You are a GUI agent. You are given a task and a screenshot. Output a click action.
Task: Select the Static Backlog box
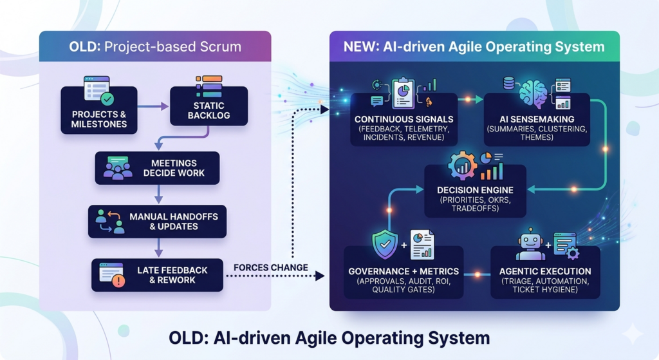coord(209,110)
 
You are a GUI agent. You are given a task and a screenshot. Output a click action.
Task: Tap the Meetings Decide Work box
coord(157,168)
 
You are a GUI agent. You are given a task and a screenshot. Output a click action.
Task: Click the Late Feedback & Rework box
coord(157,275)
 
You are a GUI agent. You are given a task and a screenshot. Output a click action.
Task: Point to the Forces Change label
coord(270,267)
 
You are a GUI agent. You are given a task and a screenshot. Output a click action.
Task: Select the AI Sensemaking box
coord(537,124)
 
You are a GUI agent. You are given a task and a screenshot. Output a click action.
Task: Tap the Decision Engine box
coord(475,196)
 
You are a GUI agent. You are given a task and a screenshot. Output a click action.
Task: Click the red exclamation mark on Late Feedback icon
coord(118,280)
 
